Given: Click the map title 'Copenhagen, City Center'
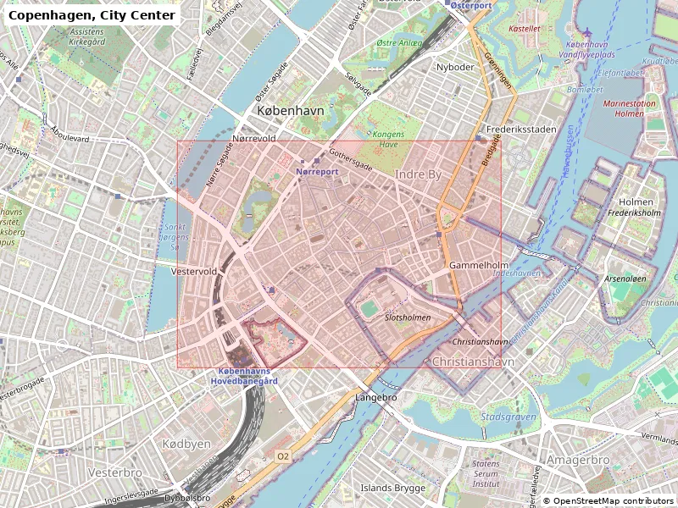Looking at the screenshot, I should click(92, 15).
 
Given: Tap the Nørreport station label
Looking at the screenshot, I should click(317, 172).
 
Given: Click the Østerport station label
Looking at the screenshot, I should click(470, 5).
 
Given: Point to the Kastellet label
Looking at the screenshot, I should click(524, 28).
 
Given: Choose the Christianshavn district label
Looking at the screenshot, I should click(473, 362).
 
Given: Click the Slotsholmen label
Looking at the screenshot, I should click(408, 317).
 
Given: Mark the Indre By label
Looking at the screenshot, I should click(419, 174).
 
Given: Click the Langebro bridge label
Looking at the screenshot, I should click(375, 397).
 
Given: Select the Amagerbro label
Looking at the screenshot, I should click(577, 460).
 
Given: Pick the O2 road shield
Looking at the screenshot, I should click(283, 456).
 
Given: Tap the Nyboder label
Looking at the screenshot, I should click(454, 67).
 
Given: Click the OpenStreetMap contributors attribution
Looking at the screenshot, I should click(609, 501).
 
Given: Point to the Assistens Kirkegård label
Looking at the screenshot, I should click(75, 36).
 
